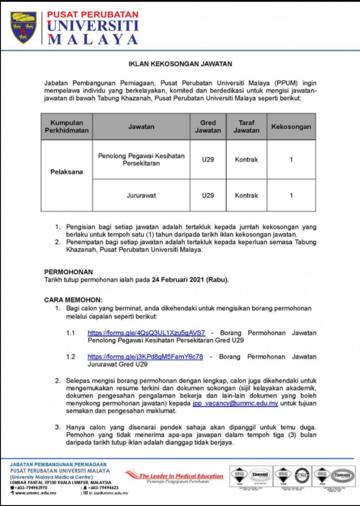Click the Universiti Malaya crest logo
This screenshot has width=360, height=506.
[24, 27]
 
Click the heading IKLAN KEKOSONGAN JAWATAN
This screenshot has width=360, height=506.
[180, 64]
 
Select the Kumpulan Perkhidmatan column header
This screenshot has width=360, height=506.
[67, 126]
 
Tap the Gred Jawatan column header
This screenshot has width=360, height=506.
[208, 126]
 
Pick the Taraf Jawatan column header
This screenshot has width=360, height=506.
[246, 126]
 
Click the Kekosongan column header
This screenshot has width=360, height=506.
[291, 126]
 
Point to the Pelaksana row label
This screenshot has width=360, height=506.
[67, 172]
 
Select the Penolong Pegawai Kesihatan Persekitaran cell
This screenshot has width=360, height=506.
[141, 159]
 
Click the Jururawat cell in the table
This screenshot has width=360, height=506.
[141, 195]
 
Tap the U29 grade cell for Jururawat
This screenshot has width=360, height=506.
[208, 195]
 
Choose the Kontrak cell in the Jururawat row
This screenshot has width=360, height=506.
[246, 195]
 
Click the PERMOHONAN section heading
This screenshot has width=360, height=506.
[68, 272]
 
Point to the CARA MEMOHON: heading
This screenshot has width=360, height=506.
[73, 299]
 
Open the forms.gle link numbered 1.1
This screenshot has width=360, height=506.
[146, 333]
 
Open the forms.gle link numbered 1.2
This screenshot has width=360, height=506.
[145, 357]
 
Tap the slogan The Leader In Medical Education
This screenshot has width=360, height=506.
[181, 476]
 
